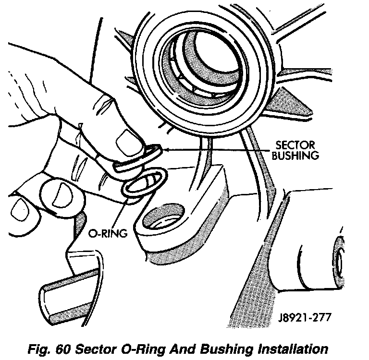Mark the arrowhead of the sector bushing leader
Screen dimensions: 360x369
click(x=162, y=150)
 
